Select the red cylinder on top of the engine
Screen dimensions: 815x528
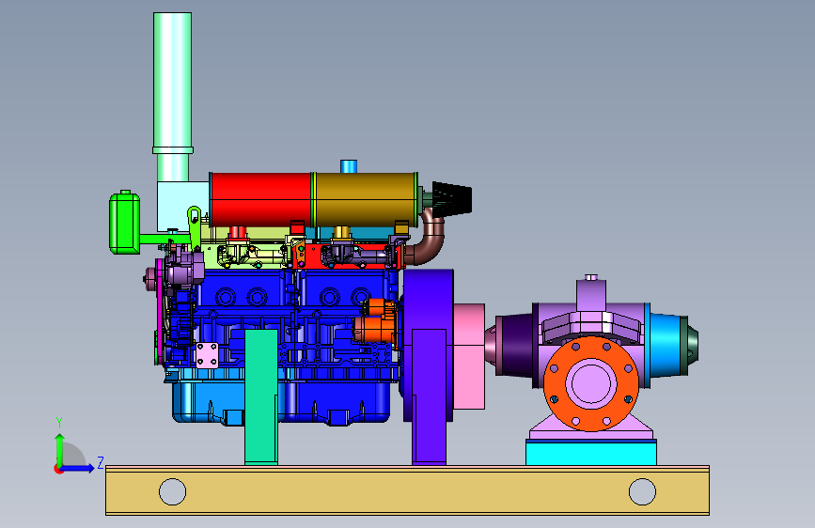click(x=261, y=199)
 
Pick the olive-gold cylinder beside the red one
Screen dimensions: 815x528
click(x=366, y=199)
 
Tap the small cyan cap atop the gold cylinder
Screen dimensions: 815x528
click(x=349, y=166)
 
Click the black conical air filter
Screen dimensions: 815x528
click(x=452, y=199)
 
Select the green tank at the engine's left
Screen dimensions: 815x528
click(x=125, y=223)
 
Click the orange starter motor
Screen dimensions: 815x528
click(x=376, y=322)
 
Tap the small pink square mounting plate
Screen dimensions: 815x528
click(x=207, y=355)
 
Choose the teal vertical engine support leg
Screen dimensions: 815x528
click(x=261, y=396)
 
